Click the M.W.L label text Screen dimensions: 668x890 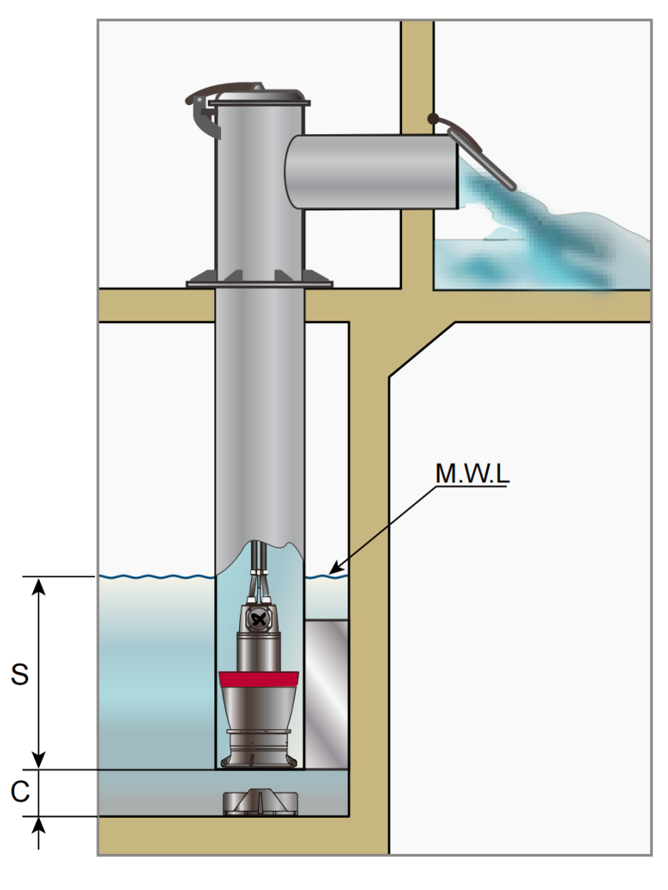[x=472, y=474]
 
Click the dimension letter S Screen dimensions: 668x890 [x=20, y=674]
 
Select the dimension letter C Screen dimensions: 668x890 [x=20, y=791]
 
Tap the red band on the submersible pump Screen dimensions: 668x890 [x=259, y=679]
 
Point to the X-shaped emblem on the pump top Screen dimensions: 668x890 [x=259, y=620]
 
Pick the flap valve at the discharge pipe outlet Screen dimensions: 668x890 [x=481, y=154]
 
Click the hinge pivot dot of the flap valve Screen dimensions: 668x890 [x=434, y=119]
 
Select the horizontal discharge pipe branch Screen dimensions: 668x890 [x=372, y=172]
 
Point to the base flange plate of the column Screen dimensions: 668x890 [x=260, y=280]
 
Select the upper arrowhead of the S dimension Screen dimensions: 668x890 [x=38, y=586]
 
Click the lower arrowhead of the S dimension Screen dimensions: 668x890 [x=38, y=760]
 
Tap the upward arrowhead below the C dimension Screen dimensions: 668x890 [x=38, y=826]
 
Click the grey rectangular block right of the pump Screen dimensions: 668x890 [x=326, y=694]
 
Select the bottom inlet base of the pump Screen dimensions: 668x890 [x=260, y=748]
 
